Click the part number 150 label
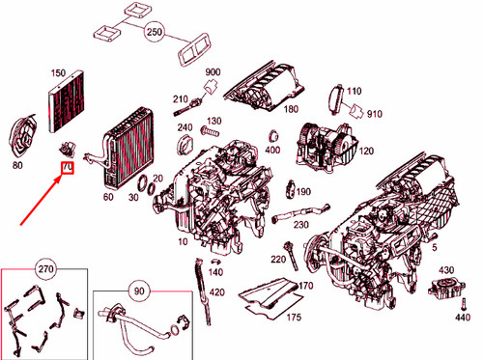click(x=58, y=73)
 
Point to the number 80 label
click(x=16, y=166)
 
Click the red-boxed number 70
click(x=67, y=168)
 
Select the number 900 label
click(x=213, y=73)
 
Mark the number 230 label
click(x=301, y=225)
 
